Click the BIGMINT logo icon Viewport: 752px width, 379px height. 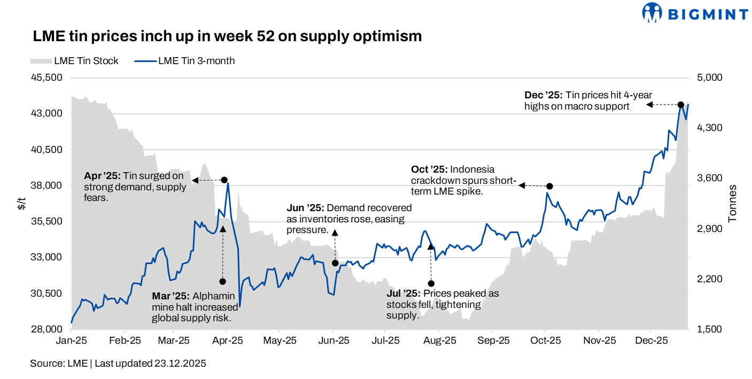click(652, 12)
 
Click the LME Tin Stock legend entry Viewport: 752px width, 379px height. click(75, 61)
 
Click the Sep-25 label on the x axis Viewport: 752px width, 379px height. click(493, 340)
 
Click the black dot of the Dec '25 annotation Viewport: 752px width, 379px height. click(681, 105)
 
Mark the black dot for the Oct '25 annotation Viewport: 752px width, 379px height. click(549, 186)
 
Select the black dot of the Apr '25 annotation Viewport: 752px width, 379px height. click(224, 180)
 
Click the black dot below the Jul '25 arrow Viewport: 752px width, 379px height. click(431, 283)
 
